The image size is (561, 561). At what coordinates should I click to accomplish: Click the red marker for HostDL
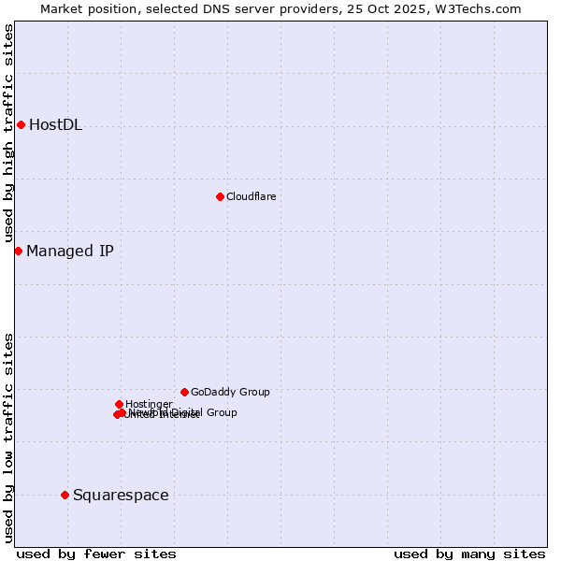pyautogui.click(x=21, y=124)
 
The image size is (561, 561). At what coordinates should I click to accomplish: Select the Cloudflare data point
pyautogui.click(x=220, y=196)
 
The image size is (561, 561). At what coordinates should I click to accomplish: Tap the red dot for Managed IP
pyautogui.click(x=18, y=251)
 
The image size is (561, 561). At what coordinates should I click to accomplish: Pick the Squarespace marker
pyautogui.click(x=65, y=495)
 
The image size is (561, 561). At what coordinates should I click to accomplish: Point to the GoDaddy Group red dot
pyautogui.click(x=184, y=392)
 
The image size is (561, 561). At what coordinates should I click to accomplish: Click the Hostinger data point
pyautogui.click(x=119, y=404)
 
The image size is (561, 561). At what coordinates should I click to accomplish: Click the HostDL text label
pyautogui.click(x=55, y=125)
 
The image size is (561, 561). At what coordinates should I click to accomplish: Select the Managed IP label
pyautogui.click(x=70, y=251)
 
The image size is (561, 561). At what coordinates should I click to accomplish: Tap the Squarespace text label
pyautogui.click(x=121, y=495)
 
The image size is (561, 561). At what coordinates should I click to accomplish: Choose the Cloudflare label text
pyautogui.click(x=251, y=196)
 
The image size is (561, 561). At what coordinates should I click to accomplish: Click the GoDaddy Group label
pyautogui.click(x=230, y=392)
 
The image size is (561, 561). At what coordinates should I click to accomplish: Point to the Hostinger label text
pyautogui.click(x=149, y=404)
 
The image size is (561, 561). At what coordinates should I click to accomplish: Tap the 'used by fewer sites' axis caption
pyautogui.click(x=96, y=554)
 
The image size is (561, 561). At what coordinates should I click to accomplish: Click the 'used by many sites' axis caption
pyautogui.click(x=469, y=554)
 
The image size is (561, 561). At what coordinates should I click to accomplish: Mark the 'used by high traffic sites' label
pyautogui.click(x=8, y=134)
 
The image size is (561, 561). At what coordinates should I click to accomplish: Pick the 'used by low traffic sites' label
pyautogui.click(x=8, y=438)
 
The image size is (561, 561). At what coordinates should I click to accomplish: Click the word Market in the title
pyautogui.click(x=64, y=8)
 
